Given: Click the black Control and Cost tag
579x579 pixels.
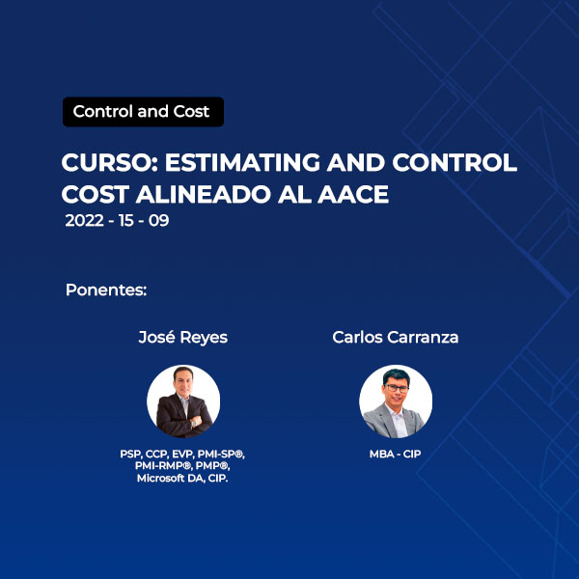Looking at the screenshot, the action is [143, 112].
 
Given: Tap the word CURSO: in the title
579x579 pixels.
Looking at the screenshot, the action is [110, 162].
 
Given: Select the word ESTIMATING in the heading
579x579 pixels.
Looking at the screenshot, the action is [242, 162].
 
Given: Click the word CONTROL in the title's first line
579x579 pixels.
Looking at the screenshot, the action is [455, 162].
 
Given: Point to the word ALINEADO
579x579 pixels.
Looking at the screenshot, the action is [204, 194].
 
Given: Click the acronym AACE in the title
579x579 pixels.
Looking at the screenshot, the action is [353, 194].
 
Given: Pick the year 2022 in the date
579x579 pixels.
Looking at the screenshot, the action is [84, 220].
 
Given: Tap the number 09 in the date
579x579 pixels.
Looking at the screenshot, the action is [159, 220].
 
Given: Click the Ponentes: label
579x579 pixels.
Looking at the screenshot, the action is [106, 290].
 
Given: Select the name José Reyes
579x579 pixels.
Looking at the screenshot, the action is [182, 338].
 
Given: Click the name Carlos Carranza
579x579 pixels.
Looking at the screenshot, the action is [395, 337].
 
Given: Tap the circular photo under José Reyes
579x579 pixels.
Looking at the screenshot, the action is [183, 401].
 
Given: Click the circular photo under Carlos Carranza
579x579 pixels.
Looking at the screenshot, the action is [396, 401].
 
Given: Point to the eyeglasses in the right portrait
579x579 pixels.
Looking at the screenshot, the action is [397, 389].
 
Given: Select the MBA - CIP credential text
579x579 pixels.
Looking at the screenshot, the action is [395, 454].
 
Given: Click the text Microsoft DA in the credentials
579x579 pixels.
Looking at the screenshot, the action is [171, 479].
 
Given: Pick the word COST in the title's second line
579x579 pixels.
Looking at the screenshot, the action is [96, 194].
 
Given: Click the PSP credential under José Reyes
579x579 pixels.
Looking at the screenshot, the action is [130, 455].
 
